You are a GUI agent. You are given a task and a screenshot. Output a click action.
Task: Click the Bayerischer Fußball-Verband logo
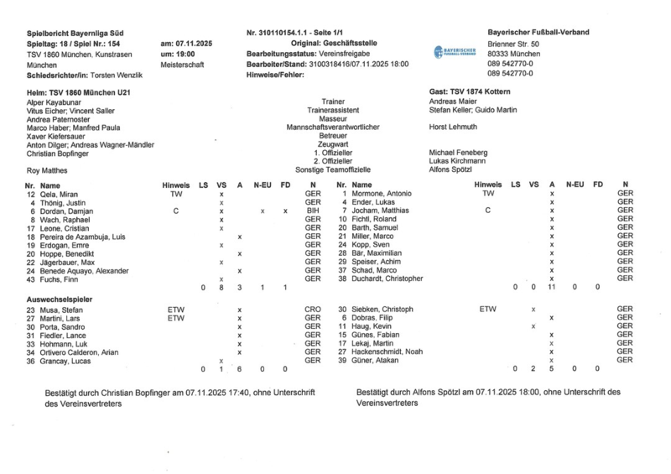[x=455, y=52]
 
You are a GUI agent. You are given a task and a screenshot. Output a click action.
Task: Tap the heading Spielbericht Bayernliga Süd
[x=76, y=32]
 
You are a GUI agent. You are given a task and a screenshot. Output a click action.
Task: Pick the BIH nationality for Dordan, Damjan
[x=312, y=211]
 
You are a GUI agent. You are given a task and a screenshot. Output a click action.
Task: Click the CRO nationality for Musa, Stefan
[x=312, y=310]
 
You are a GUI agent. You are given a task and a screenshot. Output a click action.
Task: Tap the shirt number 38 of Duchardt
[x=341, y=278]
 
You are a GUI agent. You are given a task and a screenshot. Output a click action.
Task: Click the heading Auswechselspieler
[x=59, y=299]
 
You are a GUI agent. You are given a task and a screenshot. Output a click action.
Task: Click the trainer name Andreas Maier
[x=453, y=102]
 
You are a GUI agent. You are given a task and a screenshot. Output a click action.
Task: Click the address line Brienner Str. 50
[x=513, y=43]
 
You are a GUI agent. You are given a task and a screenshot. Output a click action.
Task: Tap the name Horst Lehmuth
[x=453, y=127]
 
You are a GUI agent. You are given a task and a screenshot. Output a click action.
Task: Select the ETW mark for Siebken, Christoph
[x=487, y=310]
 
